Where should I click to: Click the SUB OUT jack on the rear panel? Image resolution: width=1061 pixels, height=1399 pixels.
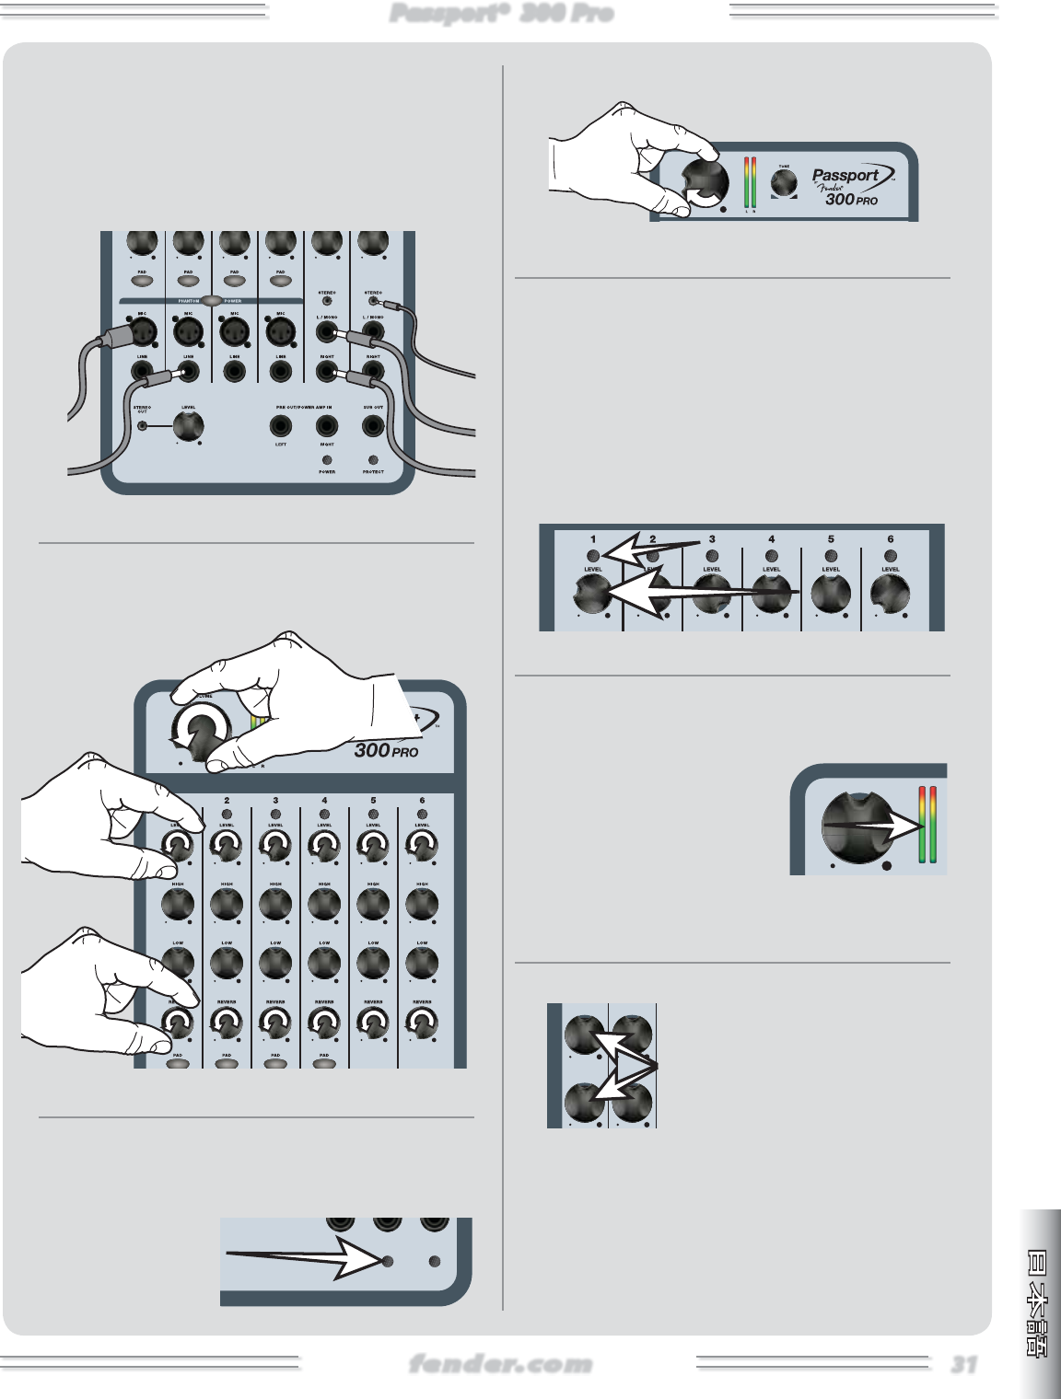pos(372,426)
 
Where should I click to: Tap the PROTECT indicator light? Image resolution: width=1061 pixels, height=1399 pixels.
pos(372,459)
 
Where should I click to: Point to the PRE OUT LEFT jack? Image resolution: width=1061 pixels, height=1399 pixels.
pos(280,426)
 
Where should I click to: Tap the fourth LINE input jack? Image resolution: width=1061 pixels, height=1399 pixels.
pos(280,372)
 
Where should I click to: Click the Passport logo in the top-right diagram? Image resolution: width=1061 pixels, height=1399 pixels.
pos(845,176)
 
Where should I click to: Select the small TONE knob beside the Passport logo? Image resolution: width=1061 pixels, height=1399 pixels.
pos(784,183)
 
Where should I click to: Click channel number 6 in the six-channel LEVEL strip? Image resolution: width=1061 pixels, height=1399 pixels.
pos(890,539)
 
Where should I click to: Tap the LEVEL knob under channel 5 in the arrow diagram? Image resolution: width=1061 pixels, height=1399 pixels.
pos(830,594)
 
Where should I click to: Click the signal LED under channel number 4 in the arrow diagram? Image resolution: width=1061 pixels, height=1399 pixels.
pos(771,556)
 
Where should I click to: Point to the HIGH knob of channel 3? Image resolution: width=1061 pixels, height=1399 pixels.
pos(275,905)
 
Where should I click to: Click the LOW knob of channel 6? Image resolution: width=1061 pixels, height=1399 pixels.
pos(422,963)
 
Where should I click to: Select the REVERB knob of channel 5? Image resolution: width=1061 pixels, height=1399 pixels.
pos(373,1023)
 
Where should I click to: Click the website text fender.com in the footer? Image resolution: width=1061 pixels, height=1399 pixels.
pos(500,1364)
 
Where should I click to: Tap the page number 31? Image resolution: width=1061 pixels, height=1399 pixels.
pos(963,1364)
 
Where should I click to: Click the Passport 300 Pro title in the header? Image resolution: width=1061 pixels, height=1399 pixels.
pos(501,13)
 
